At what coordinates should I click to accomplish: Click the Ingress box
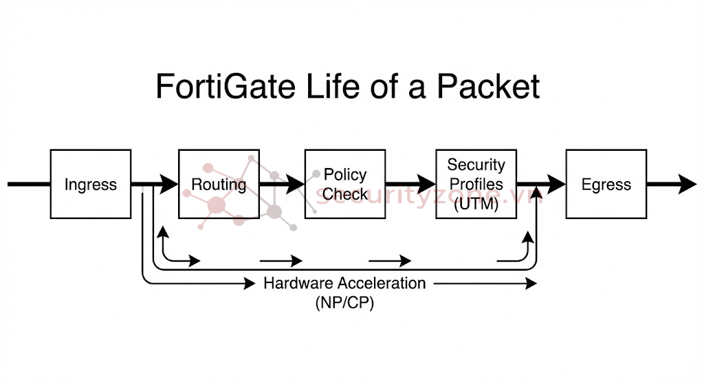click(x=90, y=185)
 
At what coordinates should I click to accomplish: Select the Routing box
click(x=219, y=185)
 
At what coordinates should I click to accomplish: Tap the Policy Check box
click(x=344, y=185)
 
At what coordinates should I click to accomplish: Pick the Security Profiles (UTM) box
click(x=476, y=185)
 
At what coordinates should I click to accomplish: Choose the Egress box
click(x=606, y=185)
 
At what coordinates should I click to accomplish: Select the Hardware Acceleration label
click(x=344, y=283)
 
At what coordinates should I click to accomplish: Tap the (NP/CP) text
click(x=344, y=303)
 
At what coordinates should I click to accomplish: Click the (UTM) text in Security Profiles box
click(x=476, y=204)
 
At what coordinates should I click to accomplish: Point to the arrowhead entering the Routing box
click(x=170, y=184)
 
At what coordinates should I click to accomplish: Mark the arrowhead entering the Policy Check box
click(x=296, y=184)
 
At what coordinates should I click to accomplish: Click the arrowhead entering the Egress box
click(x=557, y=184)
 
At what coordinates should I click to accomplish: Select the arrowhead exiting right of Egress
click(x=688, y=184)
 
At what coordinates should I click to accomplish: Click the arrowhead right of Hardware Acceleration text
click(x=531, y=283)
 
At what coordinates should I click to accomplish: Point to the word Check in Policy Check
click(x=344, y=194)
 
